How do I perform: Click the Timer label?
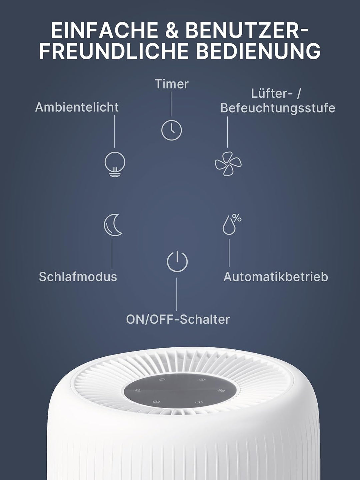[x=171, y=84]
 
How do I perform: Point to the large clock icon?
[x=172, y=130]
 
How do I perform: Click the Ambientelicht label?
[x=77, y=107]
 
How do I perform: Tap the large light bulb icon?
[x=115, y=164]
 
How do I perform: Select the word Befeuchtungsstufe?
[x=278, y=108]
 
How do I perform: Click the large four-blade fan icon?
[x=228, y=164]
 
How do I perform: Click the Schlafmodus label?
[x=78, y=277]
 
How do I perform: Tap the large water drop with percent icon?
[x=232, y=224]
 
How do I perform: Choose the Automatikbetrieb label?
[x=276, y=277]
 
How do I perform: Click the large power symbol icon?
[x=177, y=262]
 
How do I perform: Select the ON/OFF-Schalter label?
[x=178, y=319]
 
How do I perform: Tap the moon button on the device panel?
[x=138, y=390]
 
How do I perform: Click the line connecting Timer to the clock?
[x=171, y=104]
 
